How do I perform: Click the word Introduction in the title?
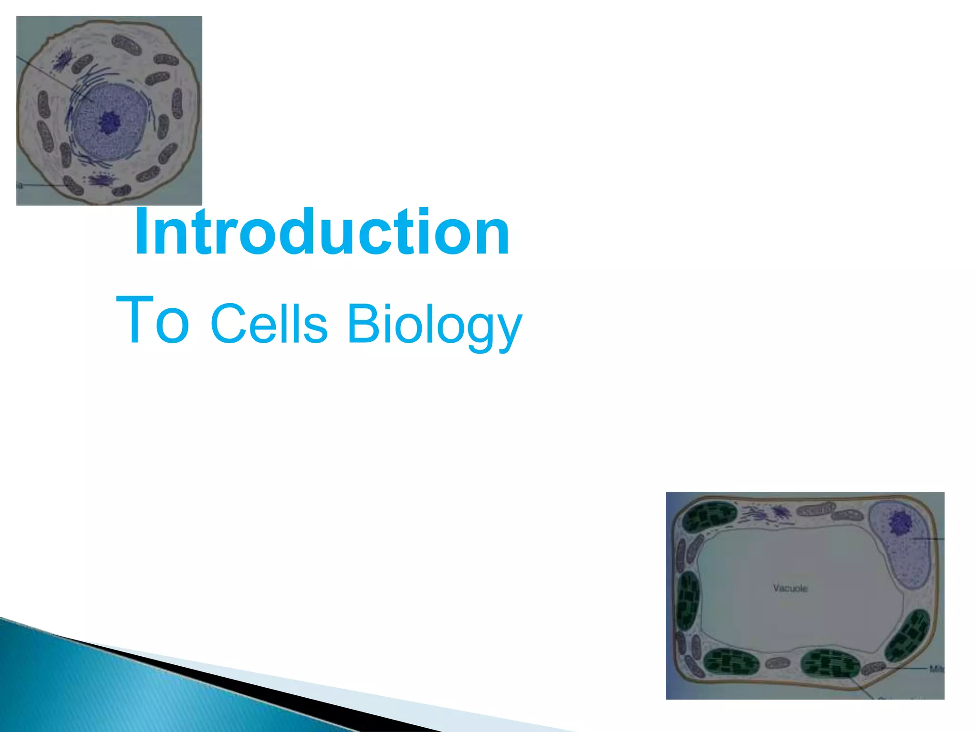click(322, 232)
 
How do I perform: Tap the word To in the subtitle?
click(153, 319)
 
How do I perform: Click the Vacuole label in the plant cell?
click(790, 588)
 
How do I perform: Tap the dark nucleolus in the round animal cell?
click(110, 122)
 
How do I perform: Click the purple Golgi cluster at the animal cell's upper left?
click(62, 59)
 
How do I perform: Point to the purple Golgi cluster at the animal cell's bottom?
click(100, 180)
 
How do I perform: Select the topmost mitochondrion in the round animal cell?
click(125, 44)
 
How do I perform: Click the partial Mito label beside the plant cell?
click(936, 669)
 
